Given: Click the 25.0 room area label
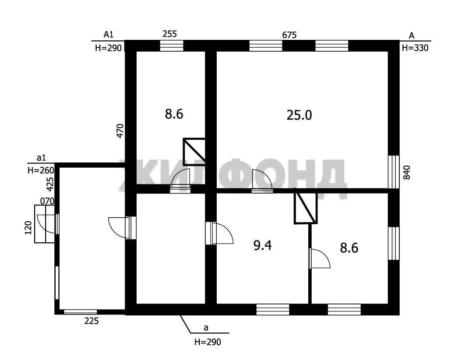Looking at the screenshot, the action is tap(299, 115).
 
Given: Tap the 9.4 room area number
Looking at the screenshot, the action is tap(263, 246).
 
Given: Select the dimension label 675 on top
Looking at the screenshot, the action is tap(289, 35).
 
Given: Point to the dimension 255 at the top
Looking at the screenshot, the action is tap(169, 34).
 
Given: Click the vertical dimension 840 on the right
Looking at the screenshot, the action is tap(407, 172).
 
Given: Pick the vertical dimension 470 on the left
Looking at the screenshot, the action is tap(120, 131).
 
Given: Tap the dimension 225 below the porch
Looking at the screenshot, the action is tap(92, 321).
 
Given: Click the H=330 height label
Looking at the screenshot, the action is tap(415, 48).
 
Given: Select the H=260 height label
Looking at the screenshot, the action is tap(41, 170).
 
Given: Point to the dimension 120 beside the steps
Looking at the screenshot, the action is tap(28, 228).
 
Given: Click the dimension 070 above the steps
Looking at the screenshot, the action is tap(47, 201).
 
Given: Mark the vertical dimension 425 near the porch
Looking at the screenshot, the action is tap(50, 184).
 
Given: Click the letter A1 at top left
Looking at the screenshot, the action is tap(108, 35).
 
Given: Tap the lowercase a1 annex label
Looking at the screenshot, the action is tap(41, 158).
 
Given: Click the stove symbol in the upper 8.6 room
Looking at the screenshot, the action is tap(194, 152).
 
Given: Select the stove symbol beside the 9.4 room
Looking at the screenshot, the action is tap(306, 208).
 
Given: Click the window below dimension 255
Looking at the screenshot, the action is tap(172, 46).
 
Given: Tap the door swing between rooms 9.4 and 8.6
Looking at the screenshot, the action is tap(319, 258).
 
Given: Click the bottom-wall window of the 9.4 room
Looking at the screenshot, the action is tap(272, 309).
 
